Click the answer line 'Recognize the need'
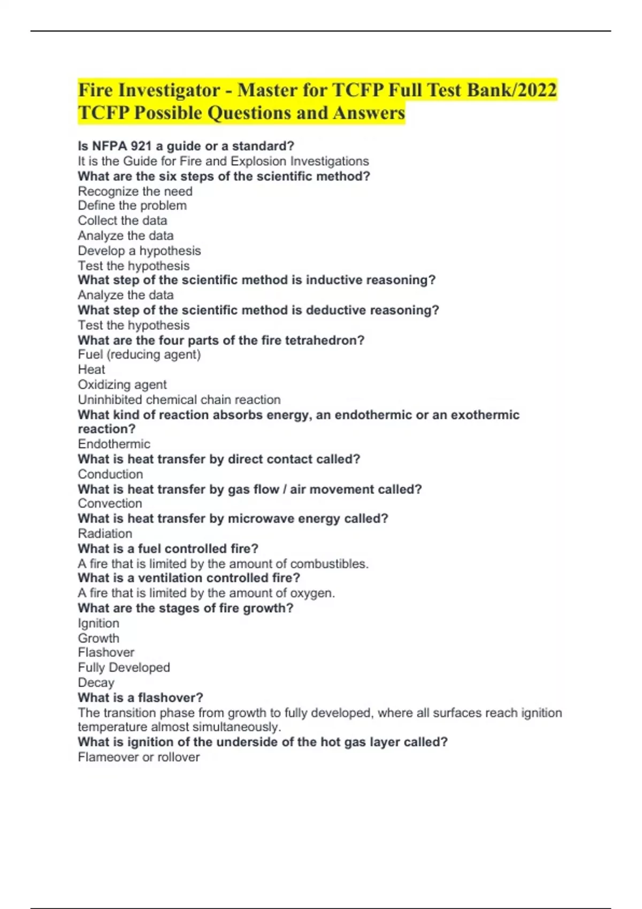point(135,191)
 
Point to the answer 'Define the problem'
point(132,206)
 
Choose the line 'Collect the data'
point(123,221)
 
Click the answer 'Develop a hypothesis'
point(139,251)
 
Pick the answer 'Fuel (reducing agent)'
point(139,355)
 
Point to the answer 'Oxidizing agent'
point(122,385)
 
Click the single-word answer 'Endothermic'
point(114,444)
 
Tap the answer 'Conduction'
point(110,474)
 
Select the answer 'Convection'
point(110,504)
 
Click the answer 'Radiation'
point(105,534)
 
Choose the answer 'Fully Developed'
point(124,668)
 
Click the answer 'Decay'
point(96,683)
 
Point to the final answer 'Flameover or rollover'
point(139,757)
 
